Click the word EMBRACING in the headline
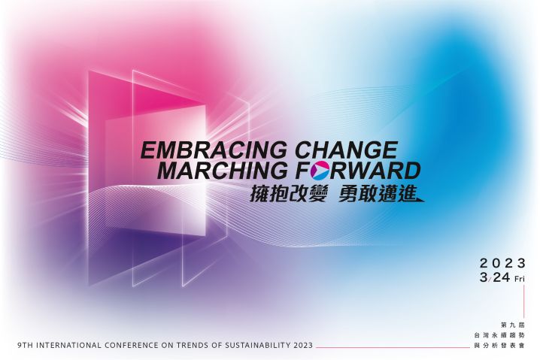214,150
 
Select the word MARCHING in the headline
222,171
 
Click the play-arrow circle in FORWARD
320,171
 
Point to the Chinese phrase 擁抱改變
288,194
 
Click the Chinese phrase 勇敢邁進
377,194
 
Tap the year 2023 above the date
502,263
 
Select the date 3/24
495,277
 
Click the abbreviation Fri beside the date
520,279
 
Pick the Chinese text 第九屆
513,325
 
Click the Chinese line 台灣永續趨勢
499,335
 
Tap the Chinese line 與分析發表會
499,345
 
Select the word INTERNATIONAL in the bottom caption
68,345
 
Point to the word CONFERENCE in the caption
130,345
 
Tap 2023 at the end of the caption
303,345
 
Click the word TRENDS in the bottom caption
189,345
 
